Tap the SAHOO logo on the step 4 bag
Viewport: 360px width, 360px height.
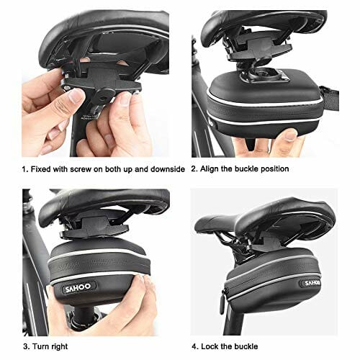[312, 283]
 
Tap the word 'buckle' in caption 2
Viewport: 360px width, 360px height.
[246, 168]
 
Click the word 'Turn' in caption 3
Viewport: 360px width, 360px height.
[40, 346]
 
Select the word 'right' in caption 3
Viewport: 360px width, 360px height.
[59, 347]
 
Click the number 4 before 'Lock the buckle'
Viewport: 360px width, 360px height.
[194, 346]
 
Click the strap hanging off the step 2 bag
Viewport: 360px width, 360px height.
[329, 97]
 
